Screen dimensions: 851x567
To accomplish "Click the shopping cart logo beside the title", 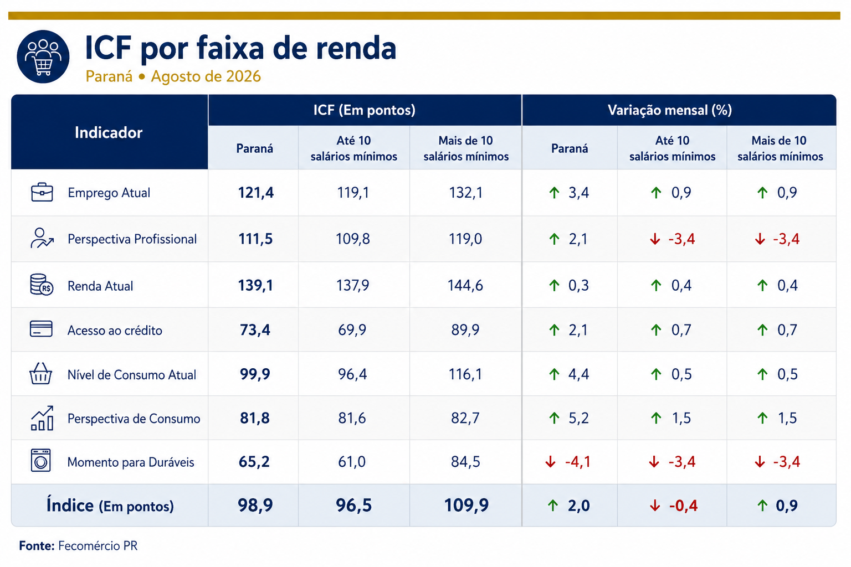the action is pos(43,56).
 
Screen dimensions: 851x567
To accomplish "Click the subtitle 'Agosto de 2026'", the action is pos(206,76).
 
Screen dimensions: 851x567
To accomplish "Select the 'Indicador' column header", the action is pos(109,132).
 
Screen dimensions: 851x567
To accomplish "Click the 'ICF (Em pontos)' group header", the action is pos(365,110).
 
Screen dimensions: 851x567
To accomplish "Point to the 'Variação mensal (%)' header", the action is pos(670,110).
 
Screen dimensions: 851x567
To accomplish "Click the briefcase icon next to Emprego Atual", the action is pos(42,192).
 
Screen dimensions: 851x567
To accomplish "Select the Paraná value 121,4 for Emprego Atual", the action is pos(255,193).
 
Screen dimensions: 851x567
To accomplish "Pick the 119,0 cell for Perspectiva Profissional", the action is pos(465,239).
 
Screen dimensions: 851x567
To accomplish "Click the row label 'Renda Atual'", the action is pos(100,286).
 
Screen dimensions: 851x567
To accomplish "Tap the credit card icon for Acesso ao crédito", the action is pos(41,329).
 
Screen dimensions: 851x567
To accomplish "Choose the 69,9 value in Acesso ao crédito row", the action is pos(352,329).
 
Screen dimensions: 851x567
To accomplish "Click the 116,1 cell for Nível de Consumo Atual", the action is pos(465,374).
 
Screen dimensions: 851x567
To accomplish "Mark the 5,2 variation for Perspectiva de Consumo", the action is pos(578,418).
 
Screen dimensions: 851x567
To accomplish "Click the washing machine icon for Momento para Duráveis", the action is pos(40,461).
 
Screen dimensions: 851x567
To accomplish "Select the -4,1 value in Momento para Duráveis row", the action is pos(578,462).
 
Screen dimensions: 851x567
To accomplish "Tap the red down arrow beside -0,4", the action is pos(654,506).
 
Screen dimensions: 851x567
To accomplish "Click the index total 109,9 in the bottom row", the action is pos(466,506).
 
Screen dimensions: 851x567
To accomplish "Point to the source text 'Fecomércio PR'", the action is pos(98,546).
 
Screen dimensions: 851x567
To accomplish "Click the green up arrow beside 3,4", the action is pos(554,193).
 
